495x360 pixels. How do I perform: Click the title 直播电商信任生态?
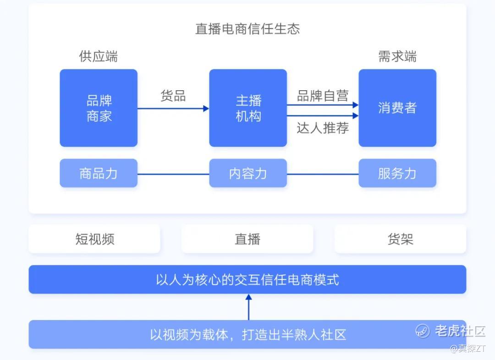click(x=247, y=29)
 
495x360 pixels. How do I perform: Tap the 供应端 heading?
click(x=99, y=56)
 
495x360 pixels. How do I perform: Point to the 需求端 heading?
click(x=397, y=56)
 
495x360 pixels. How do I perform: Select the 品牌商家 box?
click(x=99, y=108)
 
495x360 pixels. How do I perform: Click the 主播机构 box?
click(x=248, y=108)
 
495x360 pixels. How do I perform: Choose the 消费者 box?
click(x=397, y=108)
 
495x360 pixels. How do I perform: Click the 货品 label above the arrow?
click(x=173, y=96)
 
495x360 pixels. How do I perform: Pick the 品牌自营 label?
click(x=323, y=96)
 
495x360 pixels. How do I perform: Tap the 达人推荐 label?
click(x=323, y=128)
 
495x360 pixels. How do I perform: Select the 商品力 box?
click(x=99, y=173)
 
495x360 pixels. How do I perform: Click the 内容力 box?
click(x=248, y=173)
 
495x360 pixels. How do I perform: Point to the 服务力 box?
click(x=397, y=173)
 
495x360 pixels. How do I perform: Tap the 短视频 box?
click(x=94, y=239)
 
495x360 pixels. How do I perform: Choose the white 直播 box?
click(x=247, y=239)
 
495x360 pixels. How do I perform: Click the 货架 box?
click(x=400, y=239)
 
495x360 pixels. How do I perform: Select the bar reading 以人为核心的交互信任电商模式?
click(x=247, y=279)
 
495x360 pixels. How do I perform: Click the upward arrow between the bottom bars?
click(x=249, y=307)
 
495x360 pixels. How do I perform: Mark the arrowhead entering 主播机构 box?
click(x=206, y=109)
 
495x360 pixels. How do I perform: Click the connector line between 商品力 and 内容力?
click(x=173, y=174)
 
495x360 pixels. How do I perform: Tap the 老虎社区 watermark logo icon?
click(x=423, y=331)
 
